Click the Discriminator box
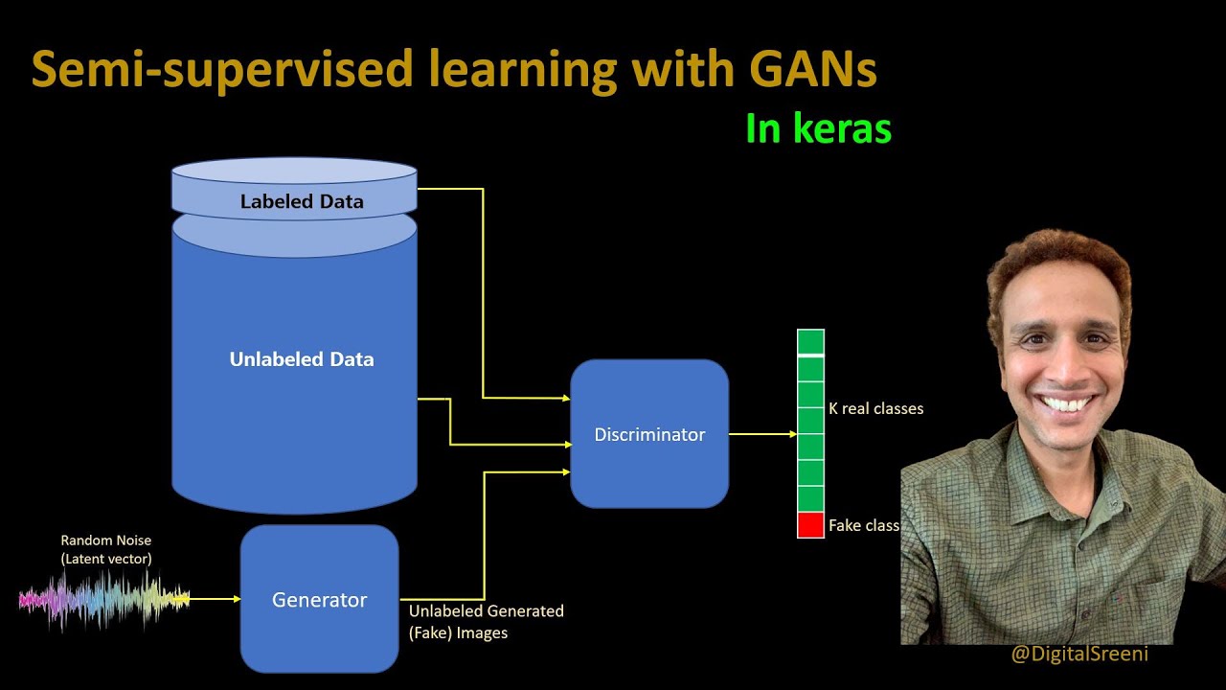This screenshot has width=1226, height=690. (x=649, y=434)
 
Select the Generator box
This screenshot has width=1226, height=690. (x=319, y=599)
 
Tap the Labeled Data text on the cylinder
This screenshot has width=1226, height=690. (x=302, y=201)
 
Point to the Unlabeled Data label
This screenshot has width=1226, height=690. (x=302, y=359)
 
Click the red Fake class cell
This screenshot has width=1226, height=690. (x=810, y=525)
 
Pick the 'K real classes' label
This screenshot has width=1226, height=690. (x=875, y=408)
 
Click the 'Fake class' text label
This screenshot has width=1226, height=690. (x=863, y=525)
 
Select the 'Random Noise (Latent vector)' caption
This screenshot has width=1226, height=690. (x=105, y=549)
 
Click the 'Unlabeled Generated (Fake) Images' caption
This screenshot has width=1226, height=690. (x=486, y=621)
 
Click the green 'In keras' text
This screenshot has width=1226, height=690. (x=818, y=128)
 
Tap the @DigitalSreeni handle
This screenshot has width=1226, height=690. (x=1079, y=655)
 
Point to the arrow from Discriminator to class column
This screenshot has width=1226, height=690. (x=762, y=434)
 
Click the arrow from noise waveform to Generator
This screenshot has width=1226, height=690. (x=216, y=600)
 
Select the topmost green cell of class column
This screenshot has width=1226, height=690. (x=810, y=341)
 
